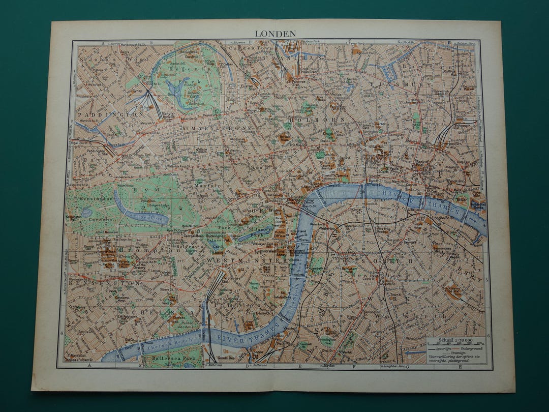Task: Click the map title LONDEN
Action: [x=275, y=33]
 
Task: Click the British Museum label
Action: [x=284, y=138]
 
